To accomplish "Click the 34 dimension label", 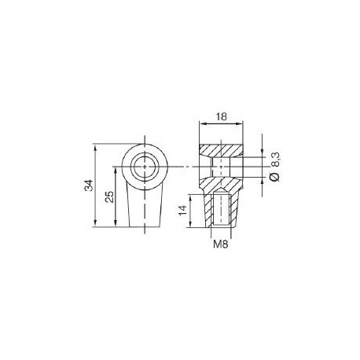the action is [89, 186].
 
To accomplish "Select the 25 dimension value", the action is [109, 197].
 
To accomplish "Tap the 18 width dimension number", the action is [221, 116].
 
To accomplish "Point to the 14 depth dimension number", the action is [182, 211].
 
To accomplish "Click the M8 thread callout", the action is [221, 244].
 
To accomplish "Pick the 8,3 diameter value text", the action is [276, 160].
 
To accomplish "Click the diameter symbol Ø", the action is [275, 177].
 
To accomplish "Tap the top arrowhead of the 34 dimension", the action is [95, 147].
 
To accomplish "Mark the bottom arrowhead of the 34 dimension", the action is [95, 223].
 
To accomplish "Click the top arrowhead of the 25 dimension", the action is [116, 170].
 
